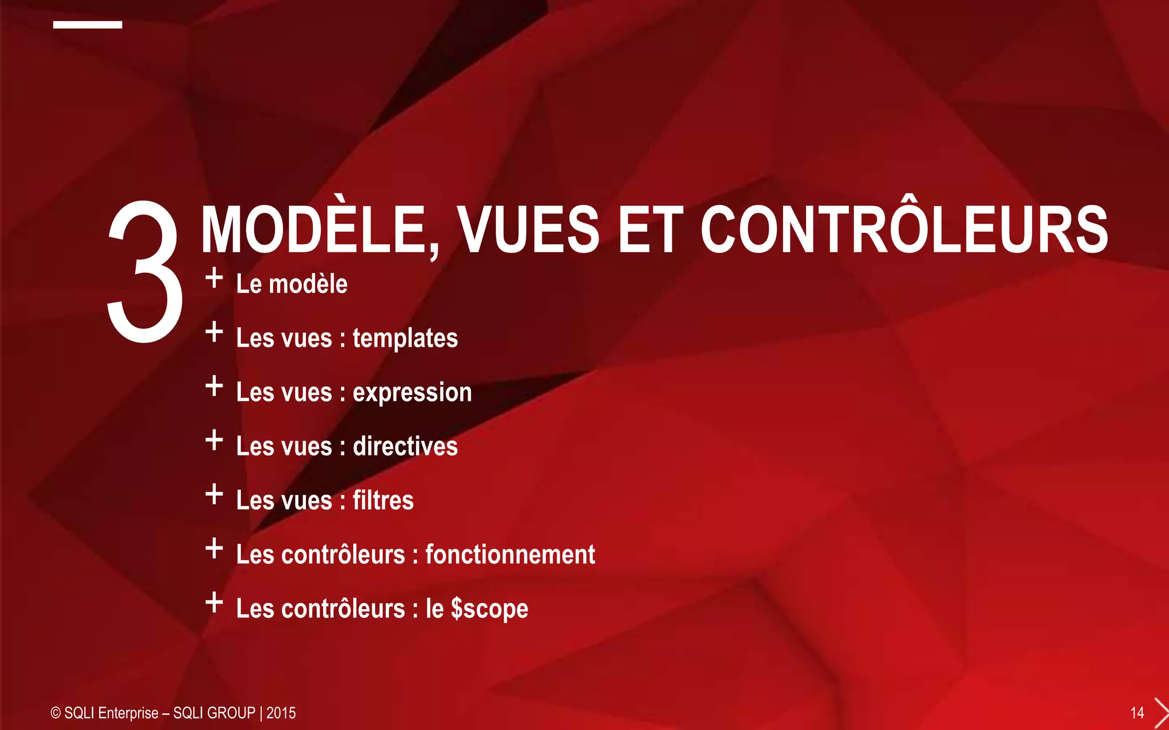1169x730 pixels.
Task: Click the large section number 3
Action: coord(145,272)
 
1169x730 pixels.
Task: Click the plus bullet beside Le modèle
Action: coord(214,278)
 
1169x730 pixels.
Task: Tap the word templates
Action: coord(405,338)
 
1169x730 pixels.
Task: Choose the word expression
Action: coord(412,393)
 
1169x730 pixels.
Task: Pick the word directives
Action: coord(405,446)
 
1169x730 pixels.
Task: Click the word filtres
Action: coord(383,500)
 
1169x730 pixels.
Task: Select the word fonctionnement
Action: coord(510,554)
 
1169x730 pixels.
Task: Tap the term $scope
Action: coord(489,609)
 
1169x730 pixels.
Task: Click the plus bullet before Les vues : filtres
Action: coord(214,494)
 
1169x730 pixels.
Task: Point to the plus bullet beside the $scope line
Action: coord(214,603)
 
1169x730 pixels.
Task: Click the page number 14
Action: coord(1137,713)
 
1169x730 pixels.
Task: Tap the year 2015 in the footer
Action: coord(281,713)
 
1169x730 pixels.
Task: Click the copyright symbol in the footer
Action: coord(55,713)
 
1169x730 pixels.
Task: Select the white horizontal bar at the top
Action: coord(87,25)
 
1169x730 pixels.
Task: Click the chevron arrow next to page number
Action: coord(1161,713)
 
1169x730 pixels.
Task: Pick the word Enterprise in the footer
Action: coord(128,713)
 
